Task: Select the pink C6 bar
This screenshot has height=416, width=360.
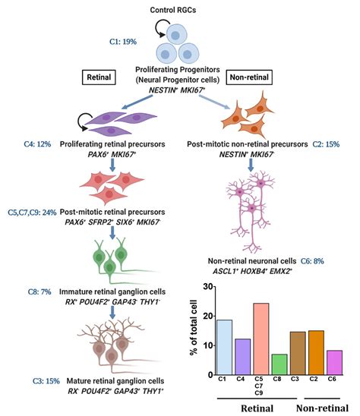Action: pyautogui.click(x=335, y=362)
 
